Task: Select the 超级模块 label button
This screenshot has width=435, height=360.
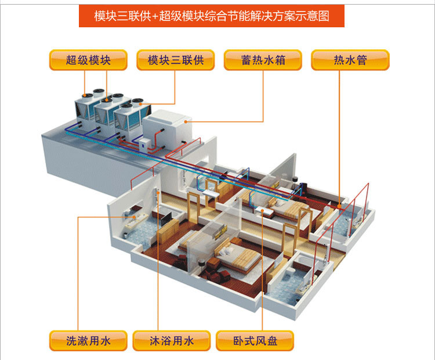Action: click(88, 60)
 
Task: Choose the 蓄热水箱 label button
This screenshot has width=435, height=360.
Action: click(263, 60)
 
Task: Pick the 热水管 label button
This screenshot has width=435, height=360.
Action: click(350, 60)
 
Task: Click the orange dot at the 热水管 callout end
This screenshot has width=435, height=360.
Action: click(339, 204)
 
